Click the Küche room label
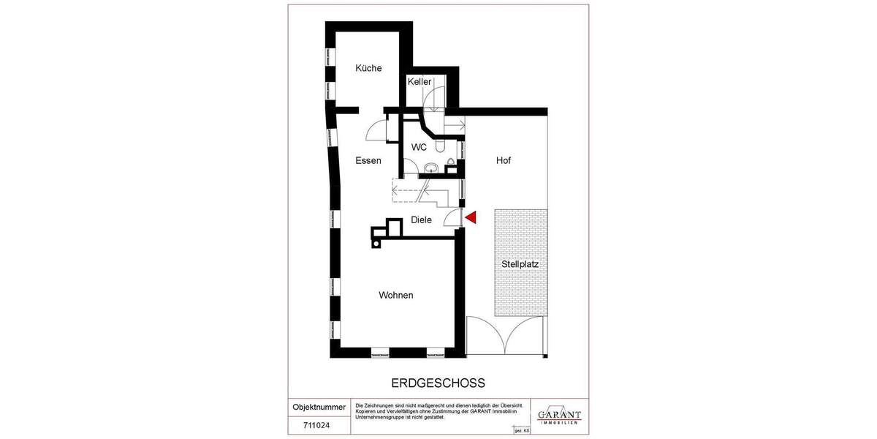pos(368,68)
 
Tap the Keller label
pos(419,82)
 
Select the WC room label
pos(419,147)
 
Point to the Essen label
pos(368,160)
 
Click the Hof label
pos(504,160)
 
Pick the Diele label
pos(421,219)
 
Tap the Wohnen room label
pos(395,296)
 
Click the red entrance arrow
pos(471,217)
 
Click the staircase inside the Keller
pos(436,98)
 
